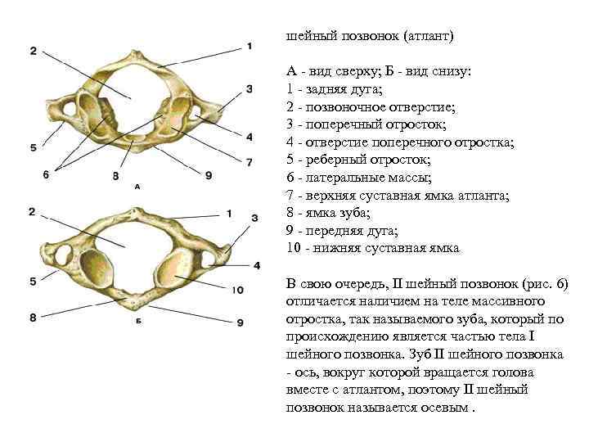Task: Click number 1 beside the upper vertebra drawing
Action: [x=248, y=47]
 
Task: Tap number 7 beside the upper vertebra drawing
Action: [x=249, y=161]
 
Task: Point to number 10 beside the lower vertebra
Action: [x=238, y=289]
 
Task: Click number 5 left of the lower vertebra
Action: [x=33, y=281]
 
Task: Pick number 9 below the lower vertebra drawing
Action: [x=240, y=322]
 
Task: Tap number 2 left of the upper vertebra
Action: [x=33, y=51]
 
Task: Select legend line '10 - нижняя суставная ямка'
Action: [x=373, y=247]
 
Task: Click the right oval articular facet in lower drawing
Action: [x=180, y=268]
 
